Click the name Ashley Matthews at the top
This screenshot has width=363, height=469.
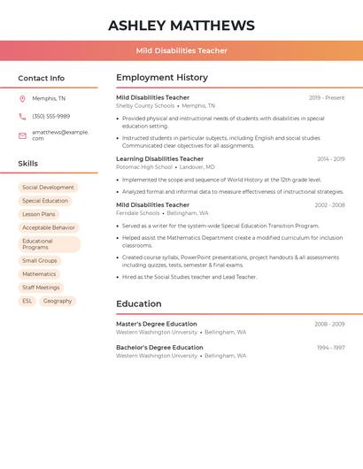point(181,26)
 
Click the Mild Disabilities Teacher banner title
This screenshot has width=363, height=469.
point(181,51)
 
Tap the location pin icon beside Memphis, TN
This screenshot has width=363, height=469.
point(22,98)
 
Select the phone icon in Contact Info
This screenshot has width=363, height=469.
point(22,116)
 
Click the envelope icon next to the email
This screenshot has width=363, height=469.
point(22,135)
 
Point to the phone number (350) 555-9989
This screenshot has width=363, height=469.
point(50,116)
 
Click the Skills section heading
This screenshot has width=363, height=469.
point(28,164)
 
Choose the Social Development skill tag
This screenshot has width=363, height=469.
point(48,188)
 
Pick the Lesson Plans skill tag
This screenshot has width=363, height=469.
point(38,214)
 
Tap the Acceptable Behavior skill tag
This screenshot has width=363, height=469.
point(48,227)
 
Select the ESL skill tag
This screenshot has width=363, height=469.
point(27,301)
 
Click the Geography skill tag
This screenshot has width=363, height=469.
point(58,301)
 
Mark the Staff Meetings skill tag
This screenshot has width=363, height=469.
point(41,288)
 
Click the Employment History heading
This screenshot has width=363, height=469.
point(162,78)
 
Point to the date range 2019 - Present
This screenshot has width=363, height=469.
point(327,97)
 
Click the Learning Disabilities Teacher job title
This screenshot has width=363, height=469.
point(159,159)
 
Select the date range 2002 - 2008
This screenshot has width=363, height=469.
point(329,205)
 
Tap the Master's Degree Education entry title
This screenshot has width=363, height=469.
point(157,324)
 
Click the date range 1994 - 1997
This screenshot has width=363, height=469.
point(330,348)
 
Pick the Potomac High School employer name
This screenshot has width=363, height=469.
point(144,166)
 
